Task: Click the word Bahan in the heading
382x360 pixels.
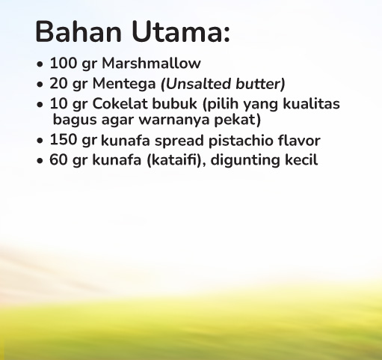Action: click(x=78, y=31)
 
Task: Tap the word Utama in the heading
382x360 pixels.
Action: click(x=177, y=31)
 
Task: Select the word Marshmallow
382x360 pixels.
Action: click(x=151, y=63)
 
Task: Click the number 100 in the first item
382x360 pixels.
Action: click(x=64, y=63)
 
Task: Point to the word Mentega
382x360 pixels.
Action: click(x=124, y=84)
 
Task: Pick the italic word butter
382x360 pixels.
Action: click(x=258, y=84)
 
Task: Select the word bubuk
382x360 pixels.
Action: click(x=174, y=103)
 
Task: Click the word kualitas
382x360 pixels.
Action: click(x=311, y=103)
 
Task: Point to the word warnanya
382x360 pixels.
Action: click(x=174, y=120)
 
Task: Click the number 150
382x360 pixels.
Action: click(x=64, y=139)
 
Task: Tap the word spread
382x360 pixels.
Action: click(x=179, y=141)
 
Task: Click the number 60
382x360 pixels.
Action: click(x=58, y=159)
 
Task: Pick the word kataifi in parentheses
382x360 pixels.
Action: click(x=174, y=159)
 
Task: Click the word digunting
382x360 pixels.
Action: click(x=245, y=161)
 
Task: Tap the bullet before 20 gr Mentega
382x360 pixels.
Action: click(x=40, y=85)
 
